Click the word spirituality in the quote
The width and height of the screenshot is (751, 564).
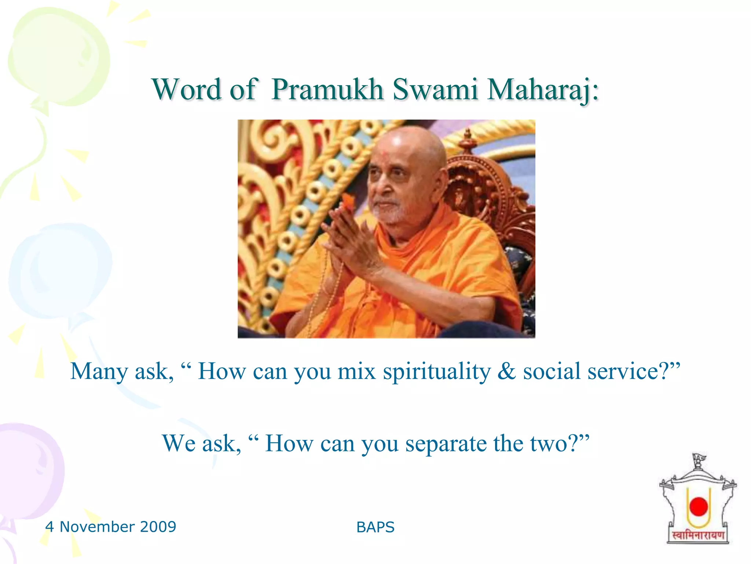click(x=436, y=372)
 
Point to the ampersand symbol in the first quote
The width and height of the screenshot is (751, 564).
click(x=506, y=372)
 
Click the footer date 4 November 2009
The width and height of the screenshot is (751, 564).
click(x=111, y=527)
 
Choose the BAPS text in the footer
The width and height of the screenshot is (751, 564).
click(x=375, y=527)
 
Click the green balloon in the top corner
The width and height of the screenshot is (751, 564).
click(x=59, y=59)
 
